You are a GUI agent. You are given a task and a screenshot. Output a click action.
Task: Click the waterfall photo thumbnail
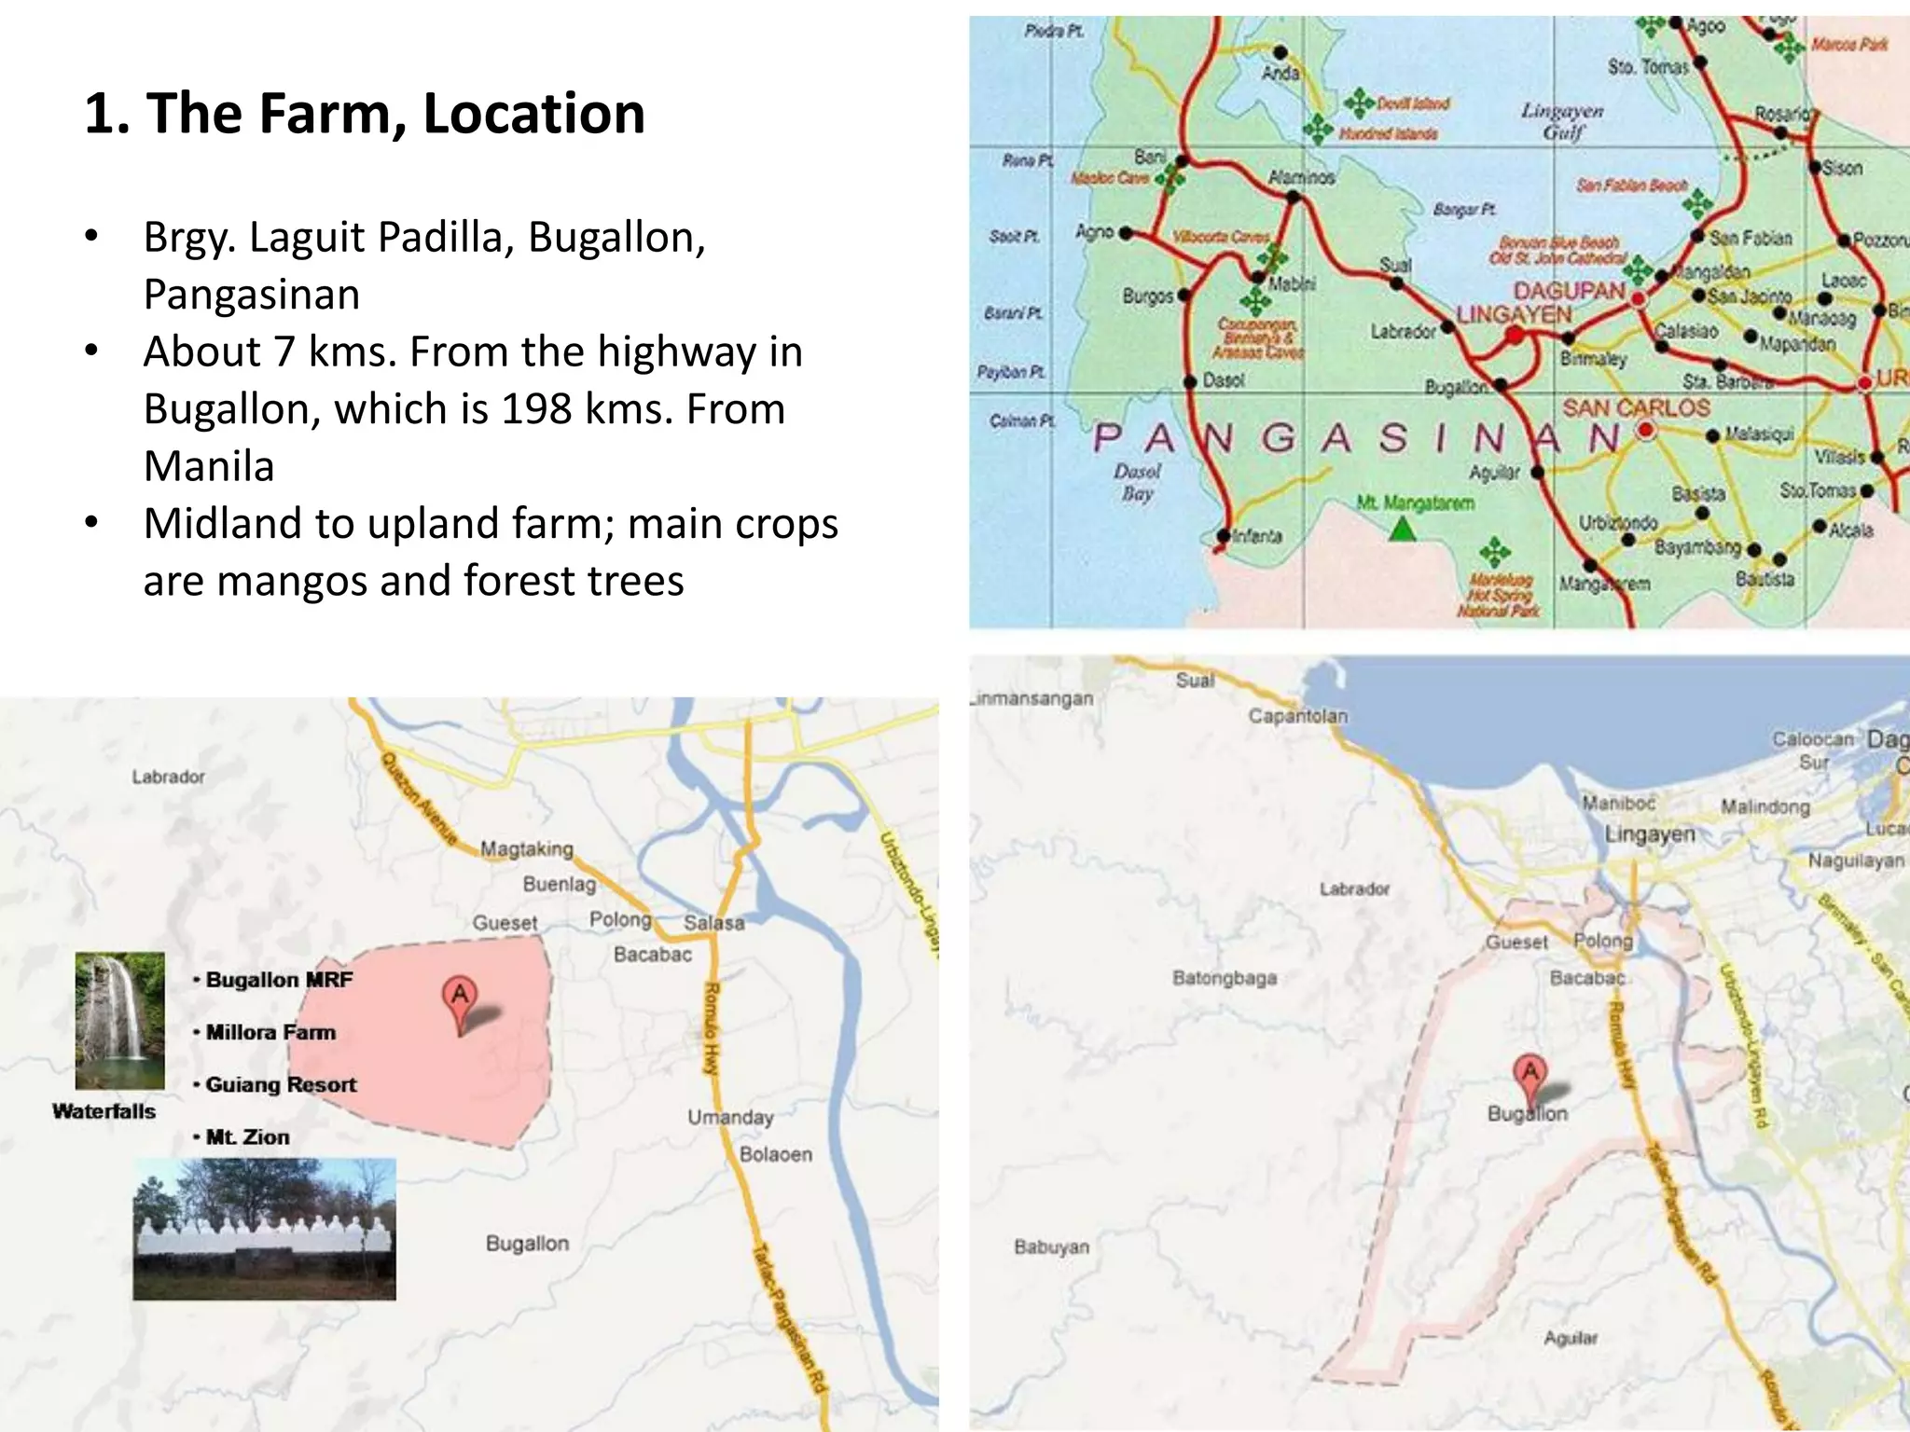(120, 1020)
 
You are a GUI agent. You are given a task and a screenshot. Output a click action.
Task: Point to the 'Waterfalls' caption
(104, 1111)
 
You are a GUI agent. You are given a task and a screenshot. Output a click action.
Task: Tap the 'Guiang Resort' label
(281, 1084)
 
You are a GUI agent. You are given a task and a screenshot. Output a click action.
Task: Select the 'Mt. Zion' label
(247, 1136)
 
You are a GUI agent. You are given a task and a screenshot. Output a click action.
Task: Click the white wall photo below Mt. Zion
(265, 1230)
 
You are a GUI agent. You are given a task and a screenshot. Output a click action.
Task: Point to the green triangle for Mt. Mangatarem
(1403, 530)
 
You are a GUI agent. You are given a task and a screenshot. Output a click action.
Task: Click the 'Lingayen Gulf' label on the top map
(1563, 121)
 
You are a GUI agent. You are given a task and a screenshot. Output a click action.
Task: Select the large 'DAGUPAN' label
(1570, 291)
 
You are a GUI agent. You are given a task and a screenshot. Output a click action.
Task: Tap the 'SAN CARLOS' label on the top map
(1636, 408)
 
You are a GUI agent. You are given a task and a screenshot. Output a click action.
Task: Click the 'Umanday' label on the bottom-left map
(730, 1117)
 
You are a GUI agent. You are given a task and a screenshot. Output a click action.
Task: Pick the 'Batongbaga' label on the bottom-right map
(1225, 978)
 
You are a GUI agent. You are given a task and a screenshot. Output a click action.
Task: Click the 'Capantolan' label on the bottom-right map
(1298, 716)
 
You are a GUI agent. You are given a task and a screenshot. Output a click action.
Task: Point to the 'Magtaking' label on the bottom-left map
(527, 848)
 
